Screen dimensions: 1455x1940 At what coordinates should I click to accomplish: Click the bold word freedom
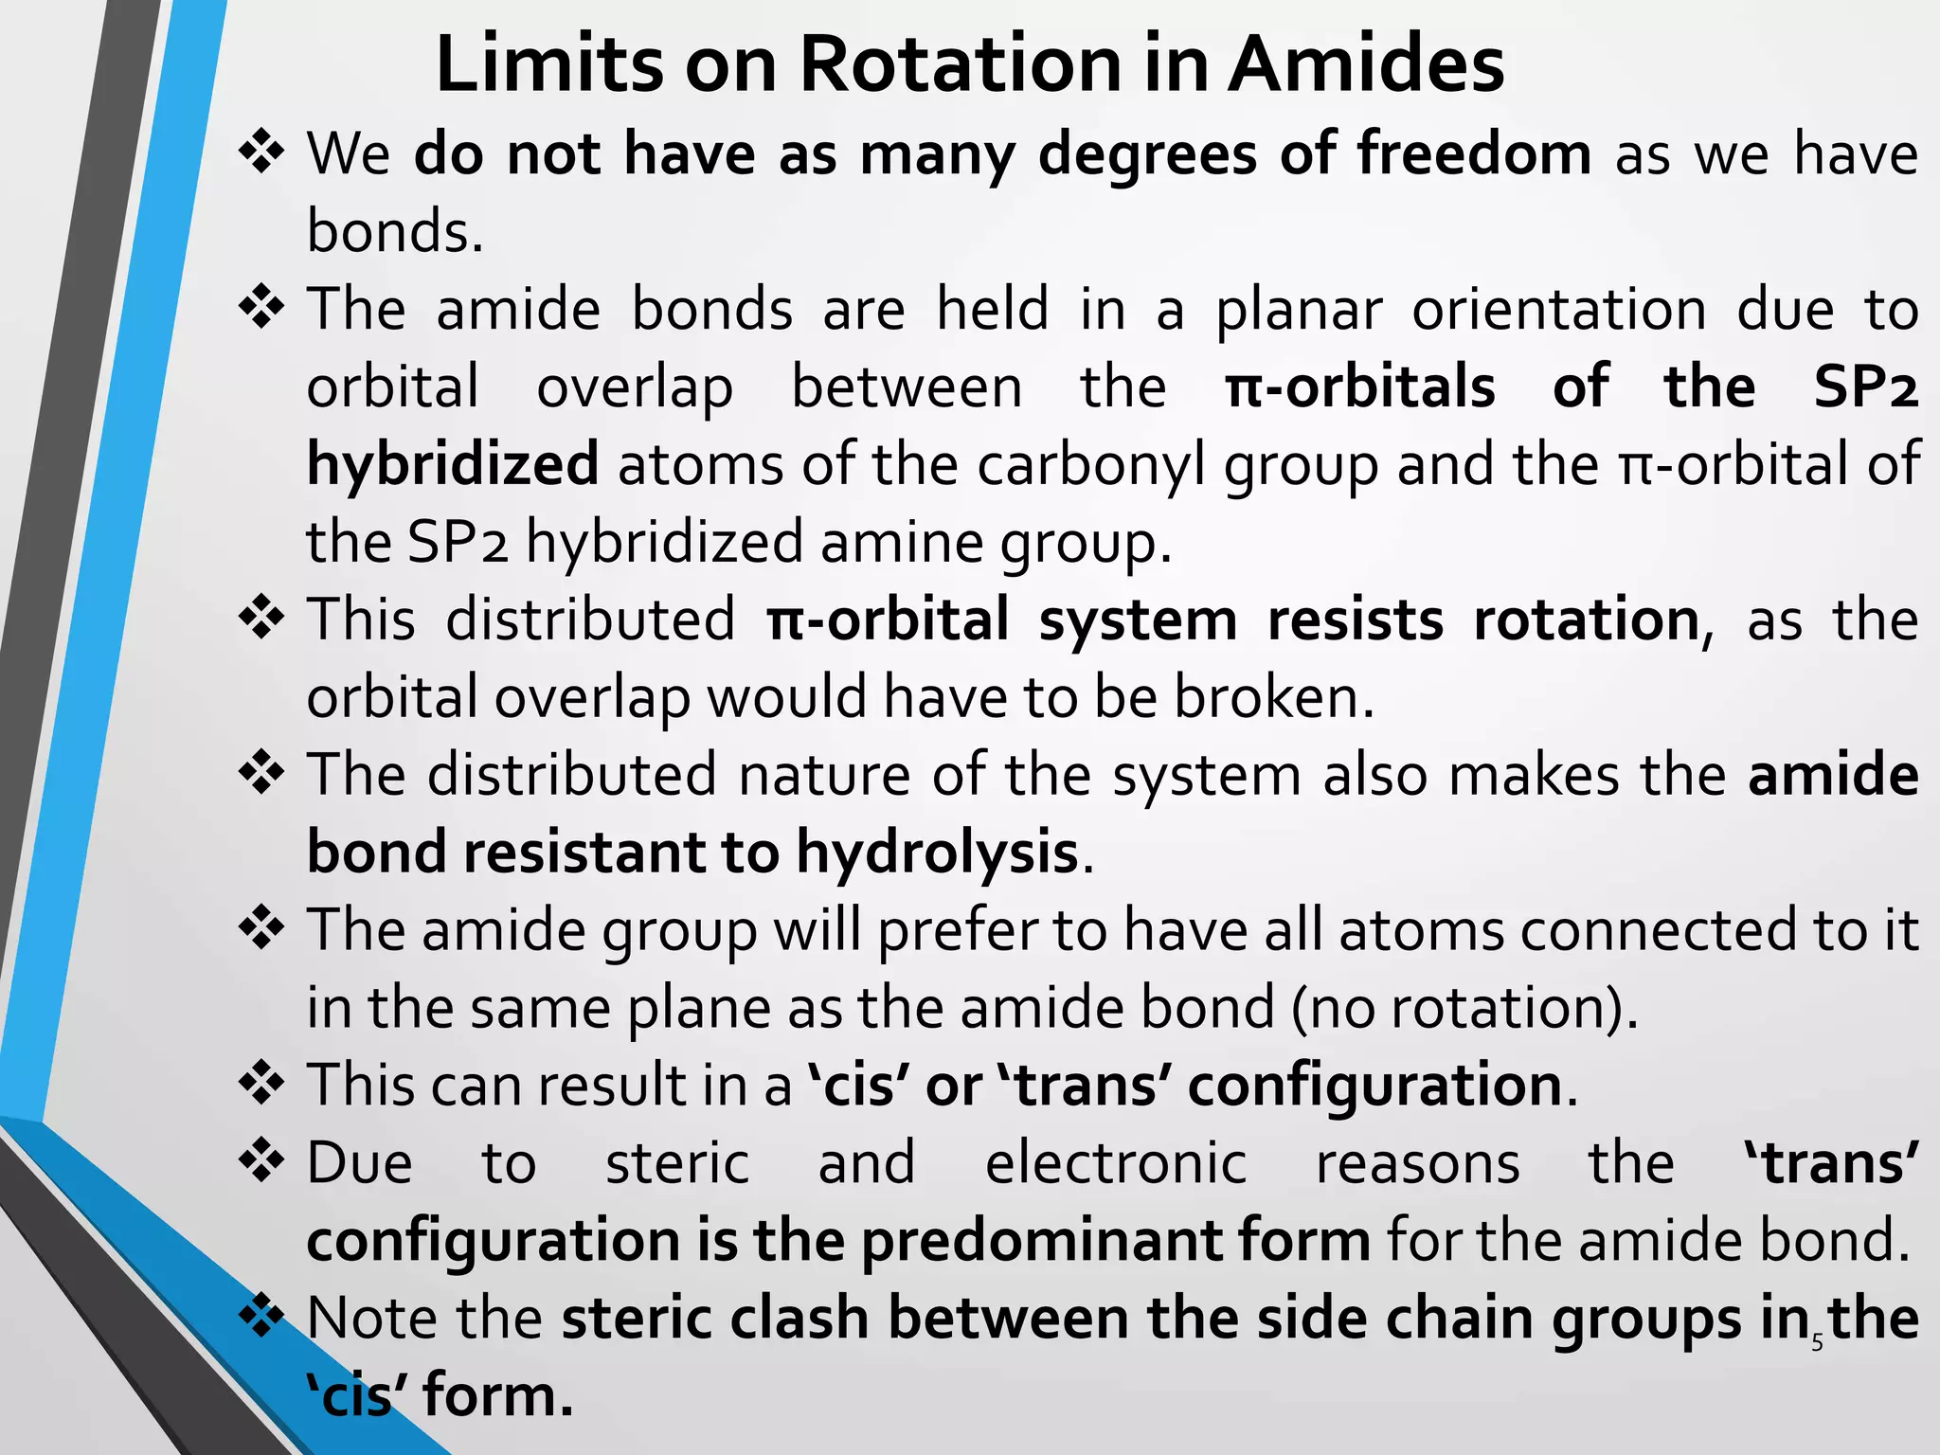point(1474,153)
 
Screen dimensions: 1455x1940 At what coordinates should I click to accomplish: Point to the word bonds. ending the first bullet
point(395,231)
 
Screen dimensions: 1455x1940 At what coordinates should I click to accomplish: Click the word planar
point(1299,311)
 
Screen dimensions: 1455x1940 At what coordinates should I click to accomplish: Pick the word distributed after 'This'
point(590,620)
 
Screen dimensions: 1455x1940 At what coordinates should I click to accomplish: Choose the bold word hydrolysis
point(937,853)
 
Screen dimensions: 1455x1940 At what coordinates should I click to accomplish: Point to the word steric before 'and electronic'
point(677,1163)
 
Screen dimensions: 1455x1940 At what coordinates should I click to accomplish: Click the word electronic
point(1116,1163)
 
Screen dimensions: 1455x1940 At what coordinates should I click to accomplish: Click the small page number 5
point(1817,1342)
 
